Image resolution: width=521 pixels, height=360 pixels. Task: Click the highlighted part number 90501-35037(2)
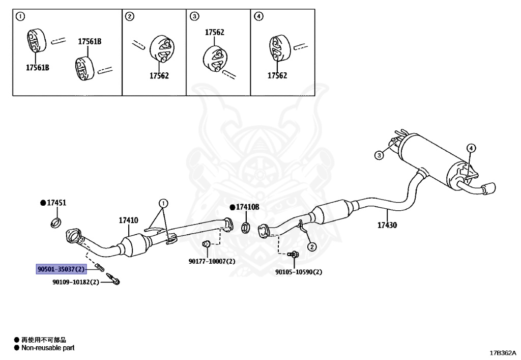click(x=61, y=269)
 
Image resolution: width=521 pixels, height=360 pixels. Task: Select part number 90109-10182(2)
click(x=76, y=282)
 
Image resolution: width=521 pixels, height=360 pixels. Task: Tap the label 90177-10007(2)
click(x=212, y=261)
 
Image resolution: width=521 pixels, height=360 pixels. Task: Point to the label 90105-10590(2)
click(x=298, y=272)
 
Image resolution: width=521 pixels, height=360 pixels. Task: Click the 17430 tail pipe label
click(x=387, y=225)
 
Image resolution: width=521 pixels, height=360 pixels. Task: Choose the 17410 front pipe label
click(x=129, y=220)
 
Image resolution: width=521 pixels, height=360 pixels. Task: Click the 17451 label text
click(x=56, y=203)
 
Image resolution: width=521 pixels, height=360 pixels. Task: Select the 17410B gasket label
click(x=248, y=207)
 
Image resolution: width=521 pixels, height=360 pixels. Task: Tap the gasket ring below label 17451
click(x=56, y=223)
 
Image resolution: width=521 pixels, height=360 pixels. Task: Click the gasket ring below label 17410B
click(x=245, y=228)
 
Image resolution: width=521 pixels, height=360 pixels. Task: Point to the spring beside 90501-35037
click(x=100, y=267)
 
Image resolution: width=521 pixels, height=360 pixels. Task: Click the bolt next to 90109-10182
click(x=113, y=279)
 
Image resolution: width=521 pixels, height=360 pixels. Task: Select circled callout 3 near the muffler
click(x=379, y=155)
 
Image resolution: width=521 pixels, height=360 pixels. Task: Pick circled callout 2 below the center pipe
click(x=312, y=246)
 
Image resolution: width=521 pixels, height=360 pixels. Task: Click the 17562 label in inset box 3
click(x=214, y=32)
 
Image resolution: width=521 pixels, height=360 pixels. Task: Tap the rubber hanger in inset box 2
click(x=162, y=49)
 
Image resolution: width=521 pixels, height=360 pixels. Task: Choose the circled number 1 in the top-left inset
click(x=20, y=16)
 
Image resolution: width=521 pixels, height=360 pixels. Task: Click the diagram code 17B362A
click(x=503, y=353)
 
